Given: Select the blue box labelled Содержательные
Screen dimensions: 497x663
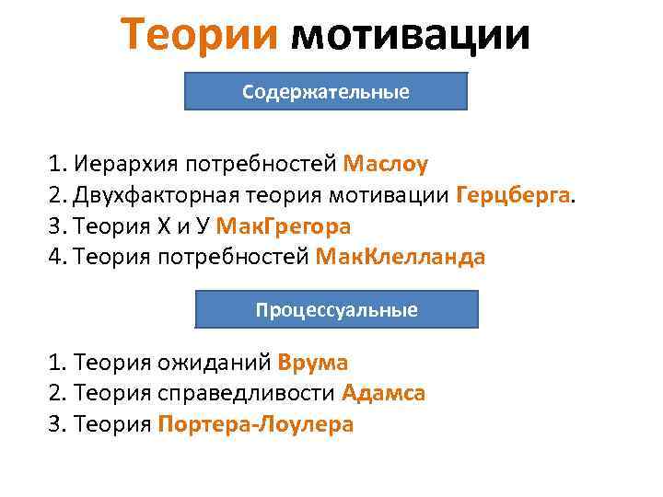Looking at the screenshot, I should (327, 92).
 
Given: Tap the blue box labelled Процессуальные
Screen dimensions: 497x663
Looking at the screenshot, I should (336, 310).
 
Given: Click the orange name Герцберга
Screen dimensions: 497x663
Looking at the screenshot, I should (513, 195).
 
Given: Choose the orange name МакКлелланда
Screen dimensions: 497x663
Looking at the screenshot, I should (400, 256).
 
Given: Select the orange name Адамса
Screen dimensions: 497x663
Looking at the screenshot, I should (383, 394).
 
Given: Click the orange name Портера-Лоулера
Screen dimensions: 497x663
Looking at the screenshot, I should (256, 424).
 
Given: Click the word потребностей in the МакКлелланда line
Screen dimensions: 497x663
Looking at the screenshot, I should (238, 256).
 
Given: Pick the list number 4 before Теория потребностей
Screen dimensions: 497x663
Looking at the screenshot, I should (55, 256).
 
